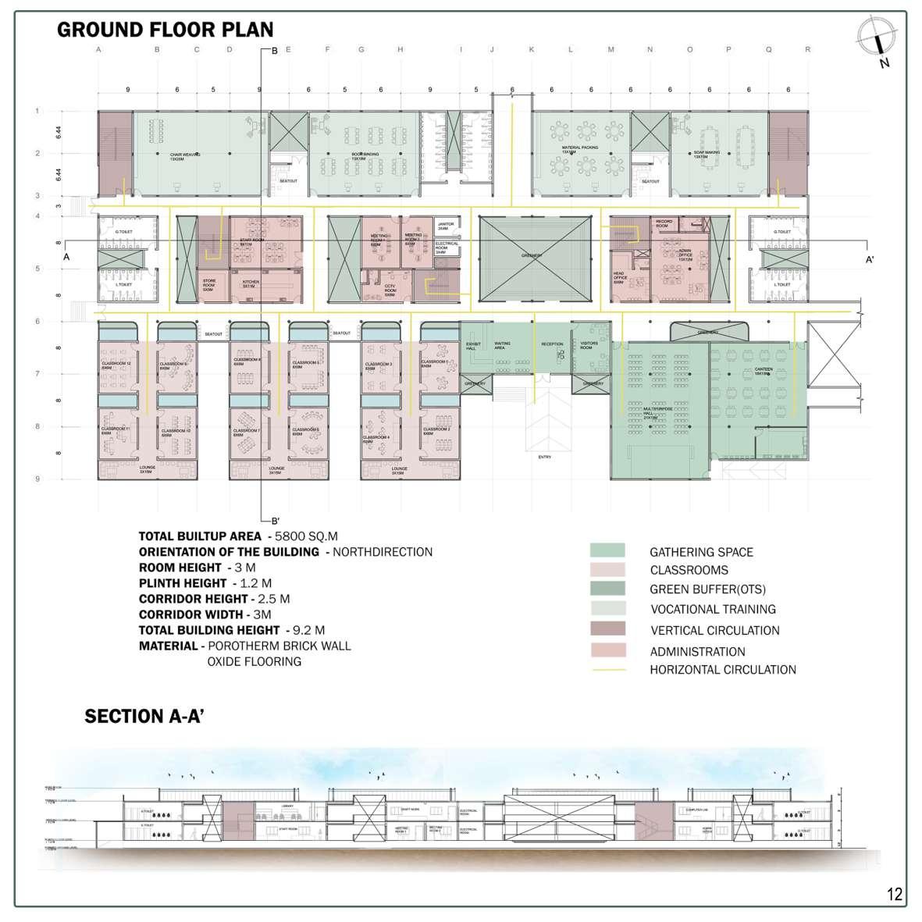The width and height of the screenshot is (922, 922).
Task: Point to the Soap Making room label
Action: [x=707, y=155]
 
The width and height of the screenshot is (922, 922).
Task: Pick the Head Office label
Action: [x=618, y=279]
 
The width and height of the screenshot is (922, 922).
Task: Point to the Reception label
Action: [x=552, y=344]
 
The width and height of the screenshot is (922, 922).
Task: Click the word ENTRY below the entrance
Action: [x=544, y=457]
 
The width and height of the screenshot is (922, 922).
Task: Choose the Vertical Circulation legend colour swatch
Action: [x=607, y=630]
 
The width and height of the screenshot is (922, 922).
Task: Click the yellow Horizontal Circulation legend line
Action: [x=607, y=670]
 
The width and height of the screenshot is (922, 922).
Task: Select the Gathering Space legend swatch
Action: [x=607, y=551]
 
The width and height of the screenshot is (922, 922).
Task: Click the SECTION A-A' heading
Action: [x=144, y=717]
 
